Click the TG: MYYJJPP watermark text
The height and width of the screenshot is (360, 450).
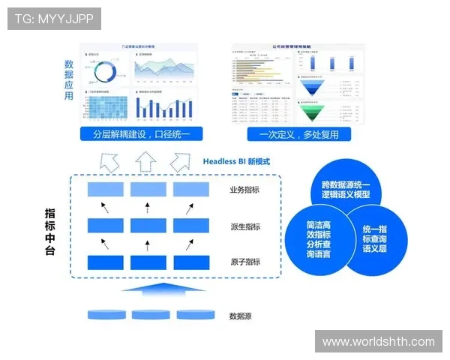pyautogui.click(x=54, y=18)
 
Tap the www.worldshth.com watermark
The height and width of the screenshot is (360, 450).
pyautogui.click(x=378, y=341)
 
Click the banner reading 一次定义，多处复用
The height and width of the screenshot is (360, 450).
pyautogui.click(x=298, y=135)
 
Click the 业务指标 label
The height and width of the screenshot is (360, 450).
pyautogui.click(x=245, y=190)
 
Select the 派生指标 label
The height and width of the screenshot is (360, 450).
pyautogui.click(x=245, y=226)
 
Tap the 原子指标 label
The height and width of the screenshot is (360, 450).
pyautogui.click(x=245, y=262)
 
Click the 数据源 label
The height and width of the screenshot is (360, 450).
pyautogui.click(x=240, y=316)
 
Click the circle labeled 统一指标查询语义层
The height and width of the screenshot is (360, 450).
pyautogui.click(x=374, y=238)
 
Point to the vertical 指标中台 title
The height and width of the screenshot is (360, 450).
pyautogui.click(x=50, y=232)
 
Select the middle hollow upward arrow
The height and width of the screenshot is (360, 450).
pyautogui.click(x=145, y=160)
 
